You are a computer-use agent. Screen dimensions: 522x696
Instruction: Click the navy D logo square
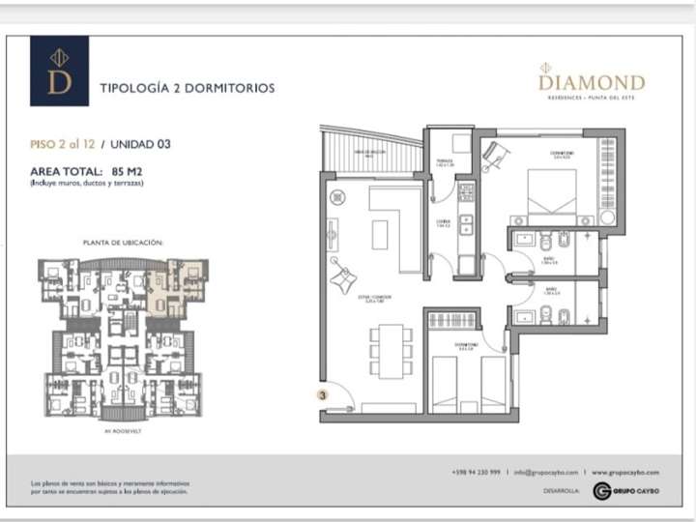59,71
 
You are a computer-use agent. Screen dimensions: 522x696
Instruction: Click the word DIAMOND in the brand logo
592,83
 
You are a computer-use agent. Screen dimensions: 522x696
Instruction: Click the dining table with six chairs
390,351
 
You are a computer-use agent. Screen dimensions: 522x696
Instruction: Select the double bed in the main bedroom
553,196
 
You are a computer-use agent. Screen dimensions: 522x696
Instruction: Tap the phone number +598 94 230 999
476,472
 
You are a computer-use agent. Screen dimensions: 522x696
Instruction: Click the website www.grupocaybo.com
625,472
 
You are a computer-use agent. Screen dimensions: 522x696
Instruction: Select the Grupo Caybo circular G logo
601,491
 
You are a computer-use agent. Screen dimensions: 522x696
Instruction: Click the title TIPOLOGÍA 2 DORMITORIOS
188,88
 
